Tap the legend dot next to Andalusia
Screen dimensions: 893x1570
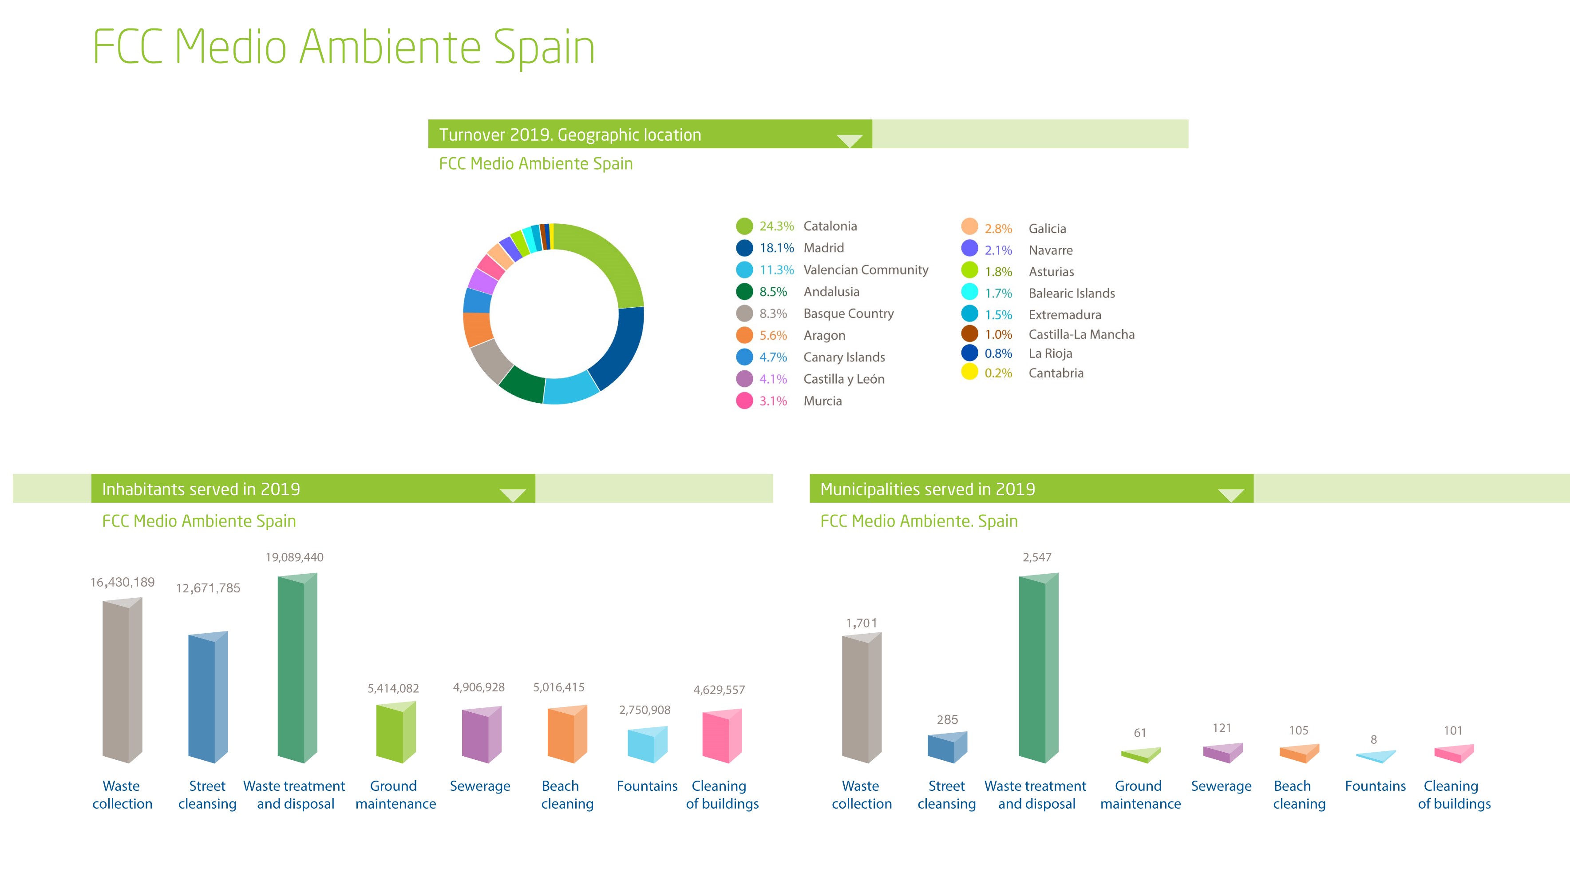744,292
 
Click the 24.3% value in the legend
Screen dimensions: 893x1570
776,226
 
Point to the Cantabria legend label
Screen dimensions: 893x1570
1056,373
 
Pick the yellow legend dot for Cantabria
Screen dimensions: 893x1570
969,372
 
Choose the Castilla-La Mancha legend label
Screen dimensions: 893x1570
1081,334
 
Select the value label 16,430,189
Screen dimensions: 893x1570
123,582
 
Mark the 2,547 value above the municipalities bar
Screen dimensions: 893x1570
1036,557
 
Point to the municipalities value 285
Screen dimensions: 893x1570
947,719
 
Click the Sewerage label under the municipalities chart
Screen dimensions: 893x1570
1221,786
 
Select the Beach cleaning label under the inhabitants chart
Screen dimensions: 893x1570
567,795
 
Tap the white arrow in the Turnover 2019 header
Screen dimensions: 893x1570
850,140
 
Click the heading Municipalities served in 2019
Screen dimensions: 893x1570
927,489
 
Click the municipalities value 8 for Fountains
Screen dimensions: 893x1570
1374,740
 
